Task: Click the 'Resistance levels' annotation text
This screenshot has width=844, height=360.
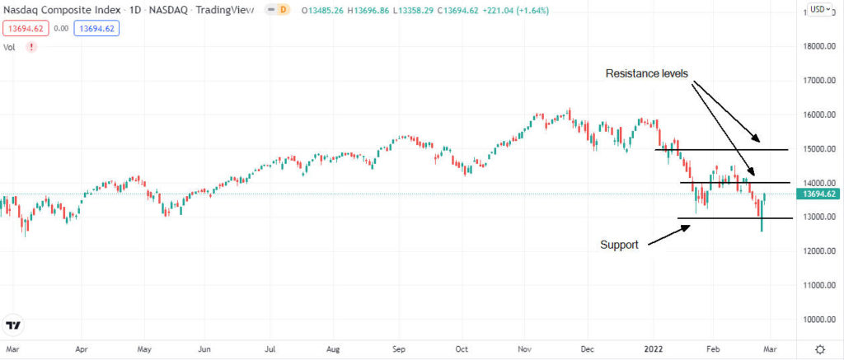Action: tap(646, 73)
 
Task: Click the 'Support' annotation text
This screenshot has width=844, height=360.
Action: tap(619, 245)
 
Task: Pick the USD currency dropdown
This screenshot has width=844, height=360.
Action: tap(818, 10)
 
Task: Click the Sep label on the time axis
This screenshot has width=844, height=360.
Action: tap(399, 348)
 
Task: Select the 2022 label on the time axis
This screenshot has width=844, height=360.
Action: tap(653, 348)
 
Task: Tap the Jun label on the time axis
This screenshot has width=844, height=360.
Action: tap(208, 348)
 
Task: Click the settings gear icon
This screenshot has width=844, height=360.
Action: tap(819, 348)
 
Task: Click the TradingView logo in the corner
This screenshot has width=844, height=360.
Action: tap(13, 325)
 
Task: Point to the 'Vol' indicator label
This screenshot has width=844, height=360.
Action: tap(10, 47)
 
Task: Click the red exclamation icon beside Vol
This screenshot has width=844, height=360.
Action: tap(31, 47)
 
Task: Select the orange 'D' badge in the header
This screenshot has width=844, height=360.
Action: tap(284, 10)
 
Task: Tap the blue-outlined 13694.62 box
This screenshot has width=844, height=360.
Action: tap(96, 28)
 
